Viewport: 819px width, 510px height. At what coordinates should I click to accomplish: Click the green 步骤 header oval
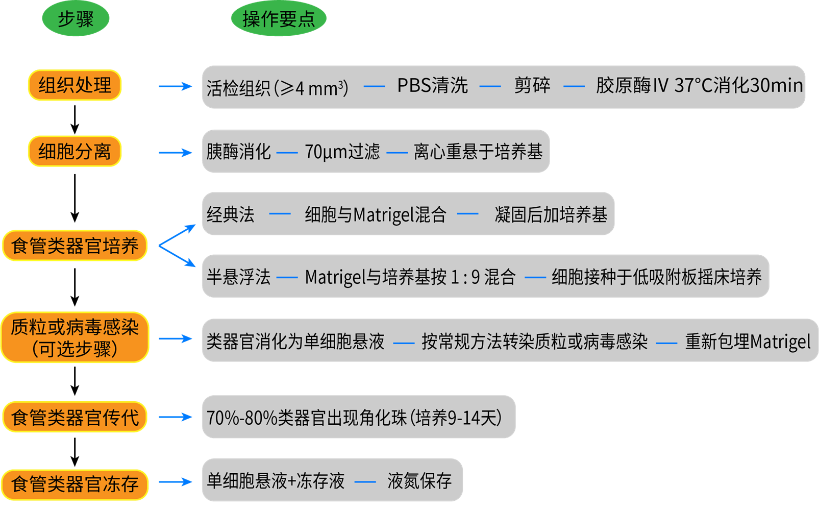(76, 19)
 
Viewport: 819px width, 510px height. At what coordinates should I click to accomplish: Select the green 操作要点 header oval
(278, 19)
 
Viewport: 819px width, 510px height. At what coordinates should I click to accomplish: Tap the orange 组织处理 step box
(75, 85)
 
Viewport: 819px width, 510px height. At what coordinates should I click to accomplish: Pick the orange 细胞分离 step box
(75, 151)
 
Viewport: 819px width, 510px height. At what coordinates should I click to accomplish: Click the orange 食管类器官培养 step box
(75, 246)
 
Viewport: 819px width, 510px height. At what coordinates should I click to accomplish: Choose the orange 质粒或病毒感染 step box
(75, 337)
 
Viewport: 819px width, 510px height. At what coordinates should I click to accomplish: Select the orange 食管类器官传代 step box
(75, 417)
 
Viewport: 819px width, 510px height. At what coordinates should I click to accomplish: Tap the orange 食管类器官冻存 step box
(75, 483)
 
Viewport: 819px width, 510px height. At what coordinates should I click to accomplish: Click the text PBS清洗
(432, 86)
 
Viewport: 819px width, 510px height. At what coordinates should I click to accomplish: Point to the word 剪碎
(532, 86)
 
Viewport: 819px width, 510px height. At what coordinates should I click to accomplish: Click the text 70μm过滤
(342, 152)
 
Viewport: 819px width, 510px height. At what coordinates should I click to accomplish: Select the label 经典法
(230, 214)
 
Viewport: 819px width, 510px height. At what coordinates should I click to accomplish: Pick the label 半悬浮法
(238, 277)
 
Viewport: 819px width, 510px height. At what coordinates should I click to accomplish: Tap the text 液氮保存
(419, 480)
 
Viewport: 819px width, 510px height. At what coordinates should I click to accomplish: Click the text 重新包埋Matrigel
(748, 342)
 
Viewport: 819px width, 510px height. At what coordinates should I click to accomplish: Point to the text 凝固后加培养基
(551, 214)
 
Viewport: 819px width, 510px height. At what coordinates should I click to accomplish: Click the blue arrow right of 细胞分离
(175, 152)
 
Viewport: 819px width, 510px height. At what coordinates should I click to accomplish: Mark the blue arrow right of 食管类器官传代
(175, 417)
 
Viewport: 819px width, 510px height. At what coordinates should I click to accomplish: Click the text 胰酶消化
(238, 152)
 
